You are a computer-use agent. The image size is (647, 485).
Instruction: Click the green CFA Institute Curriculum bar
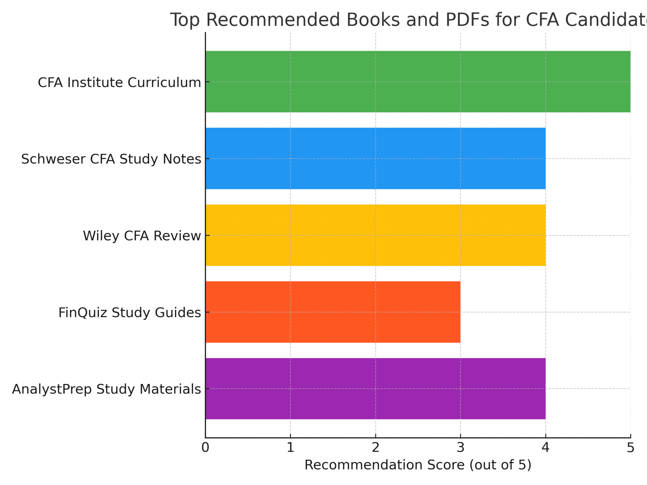pos(418,81)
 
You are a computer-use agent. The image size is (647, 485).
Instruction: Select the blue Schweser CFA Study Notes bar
pos(375,158)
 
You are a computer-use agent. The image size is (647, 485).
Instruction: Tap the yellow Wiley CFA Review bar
pos(375,235)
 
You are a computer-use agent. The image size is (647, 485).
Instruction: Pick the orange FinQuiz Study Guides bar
pos(333,312)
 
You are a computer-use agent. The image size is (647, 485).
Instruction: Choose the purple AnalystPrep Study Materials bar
pos(375,389)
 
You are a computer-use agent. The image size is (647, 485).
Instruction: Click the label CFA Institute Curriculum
pos(119,83)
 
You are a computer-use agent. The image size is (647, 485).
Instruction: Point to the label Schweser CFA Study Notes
pos(111,159)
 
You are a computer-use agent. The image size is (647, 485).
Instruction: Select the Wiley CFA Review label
pos(142,236)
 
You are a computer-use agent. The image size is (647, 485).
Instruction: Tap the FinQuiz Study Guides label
pos(130,313)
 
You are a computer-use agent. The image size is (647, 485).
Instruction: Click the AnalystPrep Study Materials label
pos(106,389)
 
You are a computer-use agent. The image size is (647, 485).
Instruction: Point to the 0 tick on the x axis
pos(205,448)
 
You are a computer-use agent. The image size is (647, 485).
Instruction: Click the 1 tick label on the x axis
pos(290,448)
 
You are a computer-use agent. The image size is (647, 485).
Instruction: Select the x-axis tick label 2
pos(375,448)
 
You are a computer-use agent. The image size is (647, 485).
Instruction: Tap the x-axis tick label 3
pos(460,448)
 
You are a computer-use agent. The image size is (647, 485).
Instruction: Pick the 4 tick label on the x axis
pos(545,448)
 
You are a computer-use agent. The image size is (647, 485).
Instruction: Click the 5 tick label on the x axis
pos(630,448)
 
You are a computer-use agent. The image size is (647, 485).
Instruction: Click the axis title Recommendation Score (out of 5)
pos(418,465)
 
